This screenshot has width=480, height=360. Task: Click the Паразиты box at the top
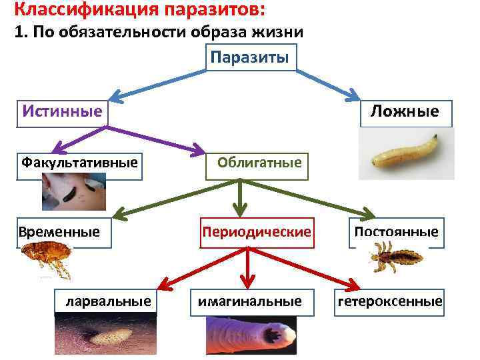click(249, 57)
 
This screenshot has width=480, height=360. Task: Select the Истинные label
click(62, 111)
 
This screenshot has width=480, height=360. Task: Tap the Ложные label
click(405, 111)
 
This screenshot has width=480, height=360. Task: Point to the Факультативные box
click(79, 162)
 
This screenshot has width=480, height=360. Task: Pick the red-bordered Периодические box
click(257, 232)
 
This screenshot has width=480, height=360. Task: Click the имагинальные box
click(249, 301)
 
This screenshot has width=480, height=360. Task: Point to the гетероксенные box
click(390, 301)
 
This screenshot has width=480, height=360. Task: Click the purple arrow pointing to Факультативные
click(73, 137)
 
